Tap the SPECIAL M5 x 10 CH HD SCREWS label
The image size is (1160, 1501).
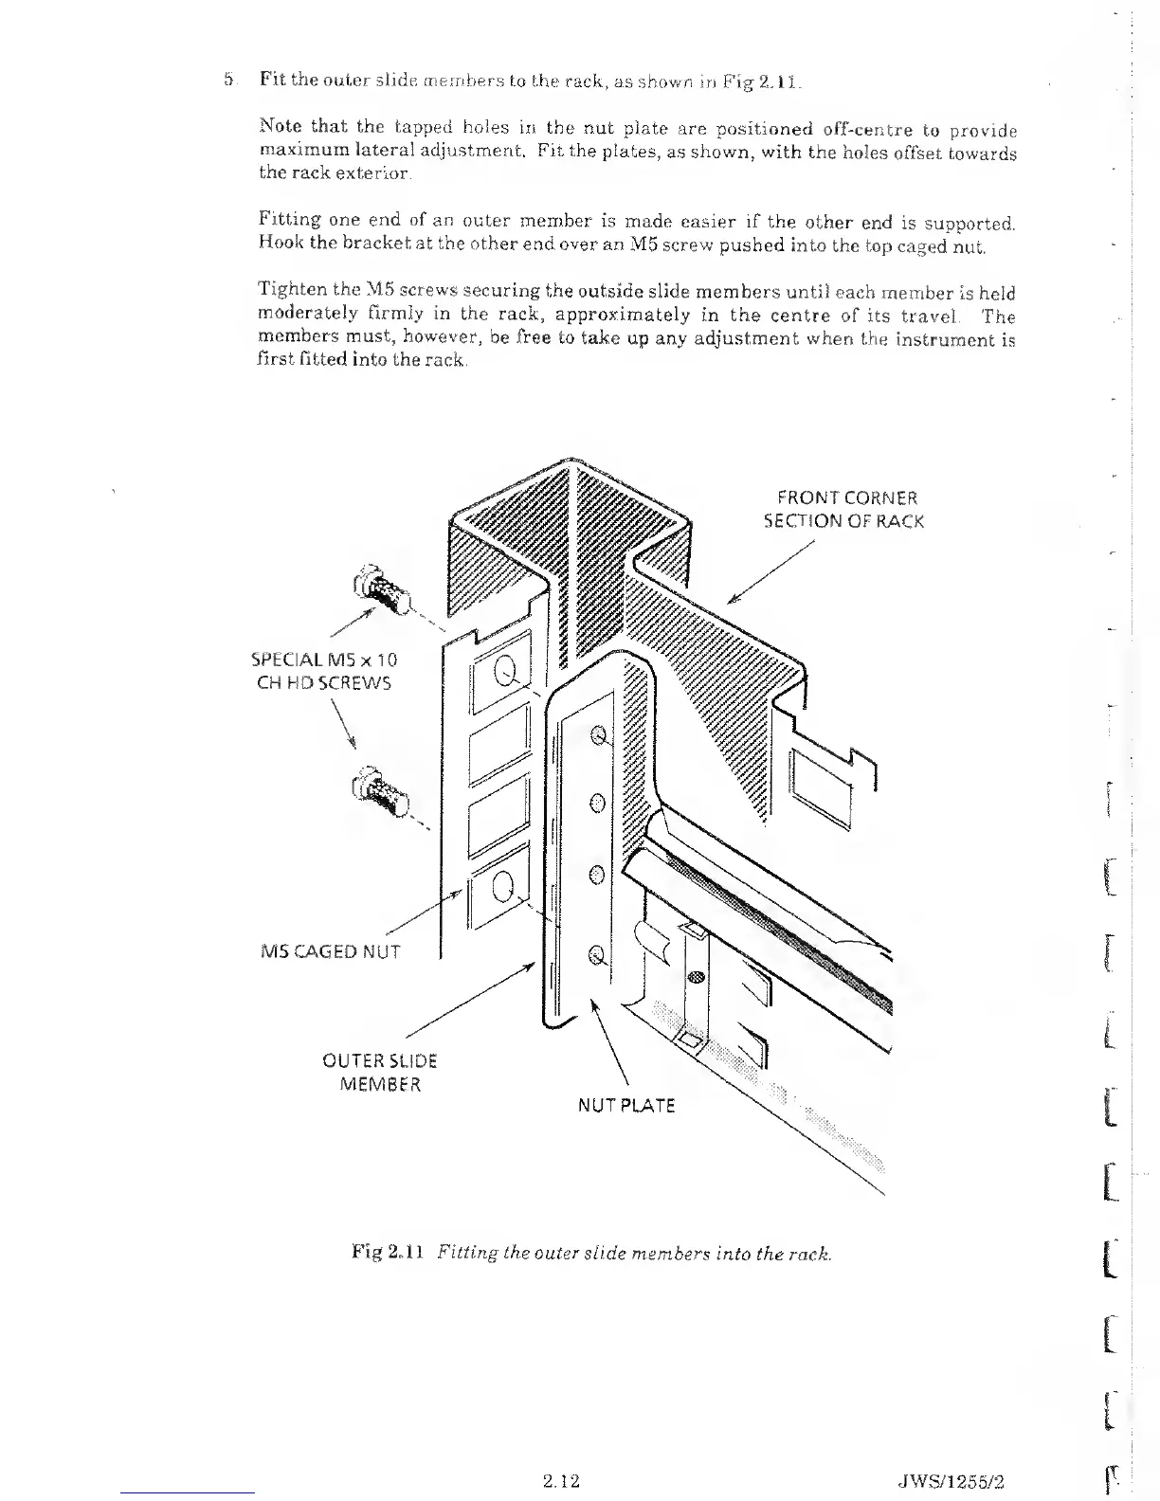[x=324, y=671]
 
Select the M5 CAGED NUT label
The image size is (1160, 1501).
[x=331, y=950]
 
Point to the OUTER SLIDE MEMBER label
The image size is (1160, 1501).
[x=380, y=1072]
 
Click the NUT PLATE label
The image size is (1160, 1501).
[x=626, y=1105]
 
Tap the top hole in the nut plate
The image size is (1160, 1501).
[x=598, y=735]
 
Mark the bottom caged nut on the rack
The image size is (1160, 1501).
[x=505, y=888]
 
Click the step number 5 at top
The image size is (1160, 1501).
[x=227, y=80]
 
